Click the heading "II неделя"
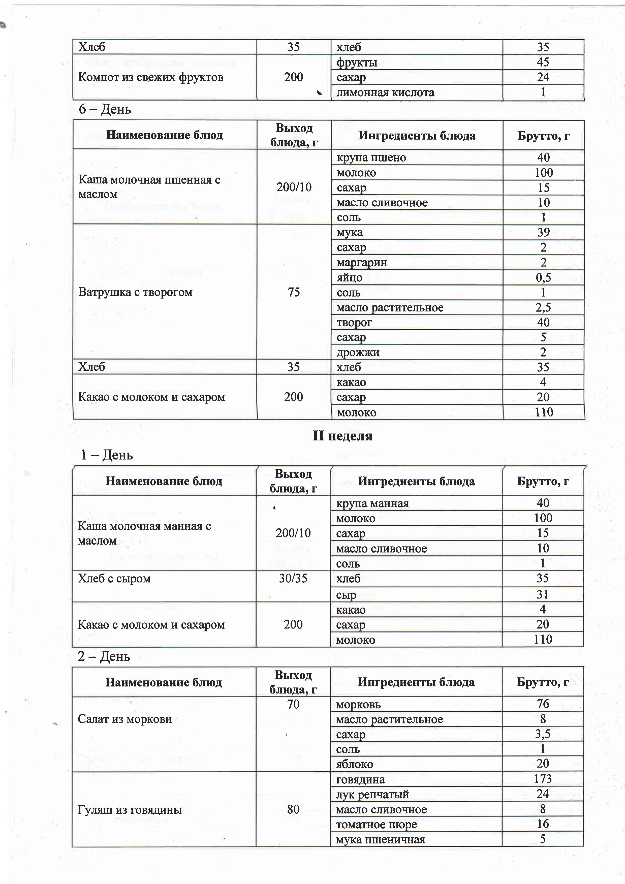click(x=342, y=436)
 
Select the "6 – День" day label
click(x=105, y=109)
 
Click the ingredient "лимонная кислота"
click(x=385, y=93)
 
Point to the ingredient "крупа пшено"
click(x=371, y=158)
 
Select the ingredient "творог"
click(x=354, y=323)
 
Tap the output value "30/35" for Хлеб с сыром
click(x=293, y=578)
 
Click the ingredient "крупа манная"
click(x=372, y=503)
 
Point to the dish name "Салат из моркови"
click(x=125, y=719)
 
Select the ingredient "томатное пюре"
click(x=376, y=824)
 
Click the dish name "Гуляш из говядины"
click(x=130, y=810)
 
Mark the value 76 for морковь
click(x=543, y=704)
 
